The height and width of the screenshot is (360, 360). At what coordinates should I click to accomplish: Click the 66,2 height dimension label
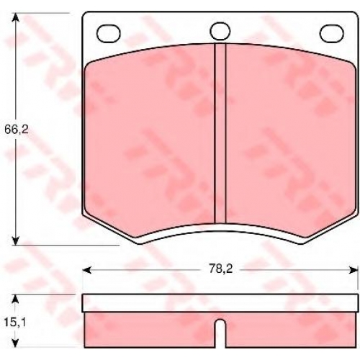17,130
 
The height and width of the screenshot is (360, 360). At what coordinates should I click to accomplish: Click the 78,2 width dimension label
221,269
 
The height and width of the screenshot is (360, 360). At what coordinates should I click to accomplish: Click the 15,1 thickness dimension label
14,323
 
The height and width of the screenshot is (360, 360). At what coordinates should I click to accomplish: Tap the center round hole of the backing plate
220,31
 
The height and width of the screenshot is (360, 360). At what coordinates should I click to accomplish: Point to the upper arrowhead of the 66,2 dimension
15,17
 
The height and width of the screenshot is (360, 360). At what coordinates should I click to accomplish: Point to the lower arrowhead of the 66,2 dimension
15,240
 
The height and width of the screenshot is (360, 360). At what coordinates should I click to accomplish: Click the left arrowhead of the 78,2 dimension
86,270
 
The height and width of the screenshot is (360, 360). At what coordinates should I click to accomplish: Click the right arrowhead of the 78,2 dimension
354,270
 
